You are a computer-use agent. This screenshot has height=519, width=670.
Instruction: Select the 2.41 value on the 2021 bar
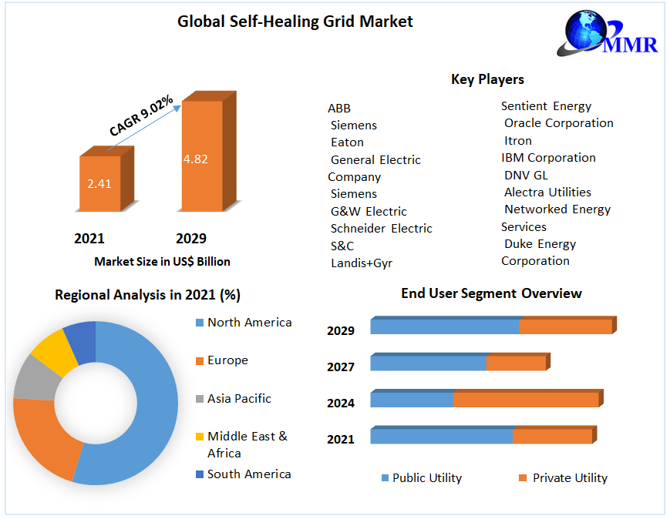pos(100,184)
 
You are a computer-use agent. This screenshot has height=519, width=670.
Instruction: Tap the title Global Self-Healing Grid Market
pos(295,22)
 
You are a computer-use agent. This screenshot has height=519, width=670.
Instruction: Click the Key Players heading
pos(487,79)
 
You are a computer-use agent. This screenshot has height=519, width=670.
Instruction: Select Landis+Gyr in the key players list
pos(361,263)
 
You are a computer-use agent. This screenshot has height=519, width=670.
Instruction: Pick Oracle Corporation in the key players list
pos(558,123)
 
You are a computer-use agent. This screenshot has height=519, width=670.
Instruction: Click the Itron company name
pos(517,141)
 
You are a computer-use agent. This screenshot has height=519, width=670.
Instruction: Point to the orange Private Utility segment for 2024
pos(525,400)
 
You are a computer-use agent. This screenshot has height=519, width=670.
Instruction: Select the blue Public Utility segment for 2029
pos(444,326)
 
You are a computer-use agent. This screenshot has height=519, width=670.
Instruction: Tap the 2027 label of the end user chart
pos(341,367)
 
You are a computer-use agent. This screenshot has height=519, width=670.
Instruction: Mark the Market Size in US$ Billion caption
pos(162,262)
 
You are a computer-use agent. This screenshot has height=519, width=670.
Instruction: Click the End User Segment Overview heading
pos(491,293)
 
